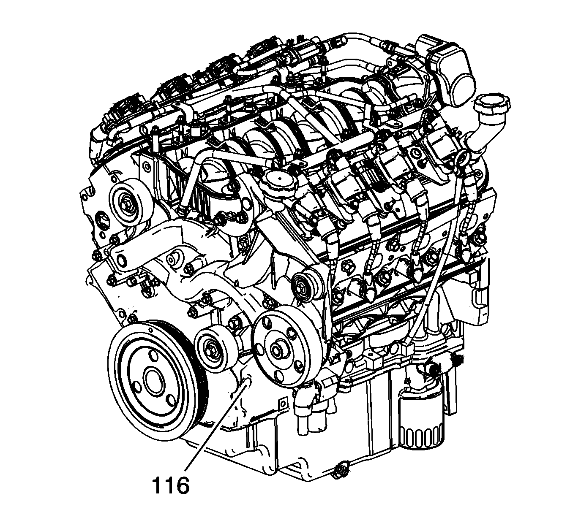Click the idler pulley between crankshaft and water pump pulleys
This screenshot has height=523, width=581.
coord(215,351)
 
